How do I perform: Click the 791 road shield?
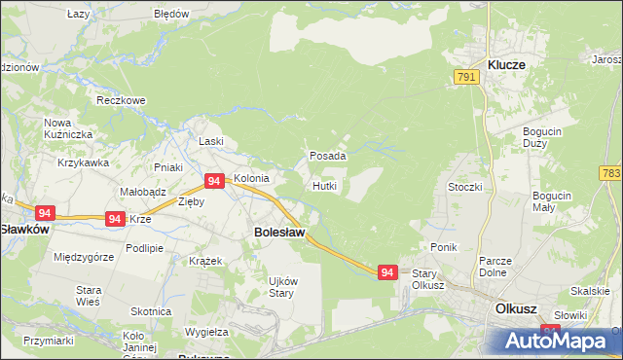tap(466, 77)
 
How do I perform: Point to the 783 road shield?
tap(611, 173)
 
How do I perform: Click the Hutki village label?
tap(325, 185)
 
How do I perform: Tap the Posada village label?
tap(328, 156)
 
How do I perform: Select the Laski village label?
tap(211, 141)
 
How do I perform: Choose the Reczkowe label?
tap(121, 100)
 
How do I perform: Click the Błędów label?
tap(171, 15)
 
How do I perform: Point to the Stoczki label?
tap(464, 186)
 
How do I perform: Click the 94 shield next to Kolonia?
tap(216, 181)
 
